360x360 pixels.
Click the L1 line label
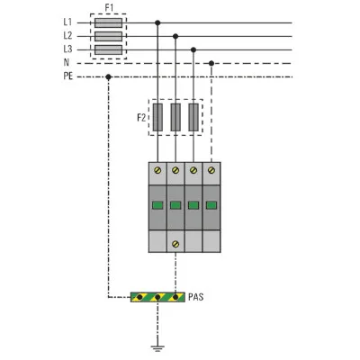pyautogui.click(x=67, y=22)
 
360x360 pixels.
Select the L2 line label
pyautogui.click(x=67, y=36)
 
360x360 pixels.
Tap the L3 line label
pyautogui.click(x=67, y=49)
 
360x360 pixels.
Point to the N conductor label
pyautogui.click(x=67, y=62)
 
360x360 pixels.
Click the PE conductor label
pyautogui.click(x=68, y=76)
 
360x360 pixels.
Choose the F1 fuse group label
pyautogui.click(x=109, y=8)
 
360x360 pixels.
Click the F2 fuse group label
pyautogui.click(x=141, y=118)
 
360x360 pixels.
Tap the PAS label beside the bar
pyautogui.click(x=196, y=297)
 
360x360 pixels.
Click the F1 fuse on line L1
pyautogui.click(x=108, y=22)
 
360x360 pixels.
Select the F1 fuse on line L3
pyautogui.click(x=108, y=49)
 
